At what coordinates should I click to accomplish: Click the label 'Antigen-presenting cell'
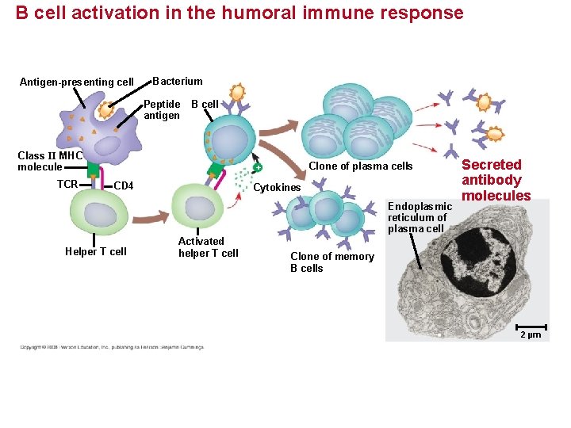76,82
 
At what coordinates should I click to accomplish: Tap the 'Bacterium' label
178,81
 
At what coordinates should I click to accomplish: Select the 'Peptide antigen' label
162,109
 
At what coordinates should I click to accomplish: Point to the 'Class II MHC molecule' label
49,161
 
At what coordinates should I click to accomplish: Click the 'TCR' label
67,184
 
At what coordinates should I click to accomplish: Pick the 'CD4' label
124,186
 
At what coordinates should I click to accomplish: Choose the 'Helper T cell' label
95,252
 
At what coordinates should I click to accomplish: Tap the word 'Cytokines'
277,188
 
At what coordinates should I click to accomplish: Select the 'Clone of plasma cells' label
360,166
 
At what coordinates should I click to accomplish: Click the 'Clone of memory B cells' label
331,262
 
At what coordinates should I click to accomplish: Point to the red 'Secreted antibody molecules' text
496,180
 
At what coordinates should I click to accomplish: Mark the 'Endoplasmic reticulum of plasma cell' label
420,217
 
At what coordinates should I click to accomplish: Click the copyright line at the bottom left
112,347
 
